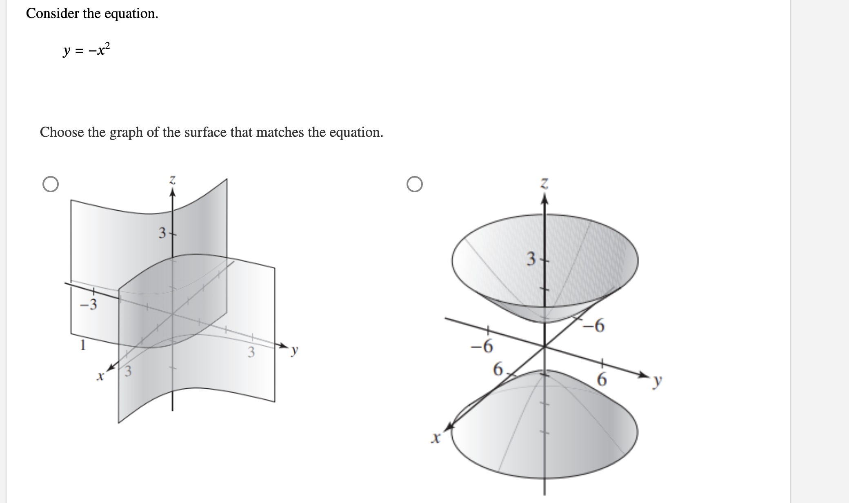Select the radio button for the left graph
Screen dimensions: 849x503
click(50, 184)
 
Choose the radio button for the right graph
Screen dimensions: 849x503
click(415, 184)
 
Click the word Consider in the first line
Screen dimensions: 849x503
click(52, 13)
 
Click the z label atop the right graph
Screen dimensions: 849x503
click(544, 184)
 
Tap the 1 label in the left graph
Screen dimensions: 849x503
click(83, 346)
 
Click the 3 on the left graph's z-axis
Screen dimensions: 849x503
click(162, 234)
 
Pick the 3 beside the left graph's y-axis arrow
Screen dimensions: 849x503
click(251, 352)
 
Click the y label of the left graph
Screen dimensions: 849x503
click(295, 350)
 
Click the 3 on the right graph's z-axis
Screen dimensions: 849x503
click(531, 259)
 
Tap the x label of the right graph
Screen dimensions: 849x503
click(436, 439)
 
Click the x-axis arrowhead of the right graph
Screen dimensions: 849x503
click(449, 427)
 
